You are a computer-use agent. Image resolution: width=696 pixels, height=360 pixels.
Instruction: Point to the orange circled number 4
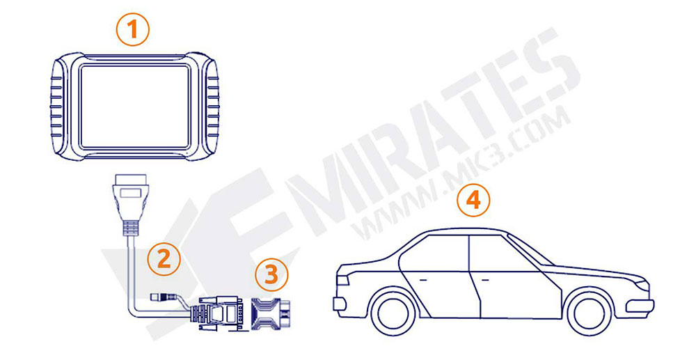click(x=473, y=201)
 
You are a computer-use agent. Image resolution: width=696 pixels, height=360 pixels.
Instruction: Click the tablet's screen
click(x=135, y=106)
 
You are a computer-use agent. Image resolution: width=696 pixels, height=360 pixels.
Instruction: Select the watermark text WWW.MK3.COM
click(x=459, y=174)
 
